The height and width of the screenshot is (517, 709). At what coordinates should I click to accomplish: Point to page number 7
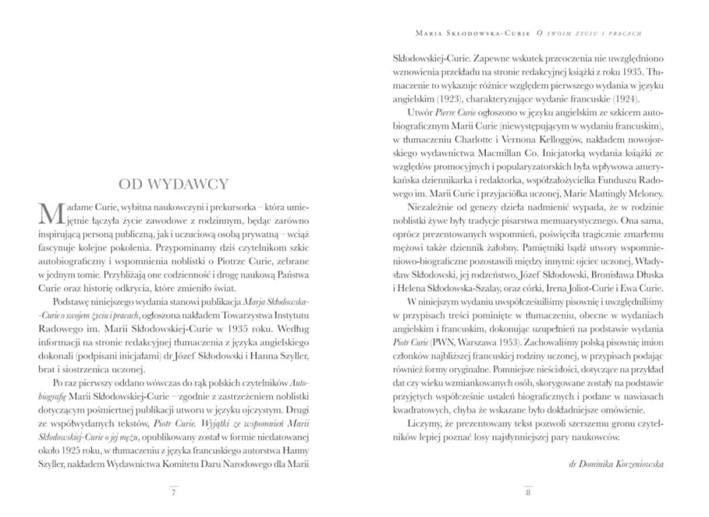pyautogui.click(x=173, y=493)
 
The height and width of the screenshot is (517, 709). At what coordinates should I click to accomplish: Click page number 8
pyautogui.click(x=528, y=493)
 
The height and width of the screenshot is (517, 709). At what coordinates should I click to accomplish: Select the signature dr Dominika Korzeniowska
pyautogui.click(x=616, y=464)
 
